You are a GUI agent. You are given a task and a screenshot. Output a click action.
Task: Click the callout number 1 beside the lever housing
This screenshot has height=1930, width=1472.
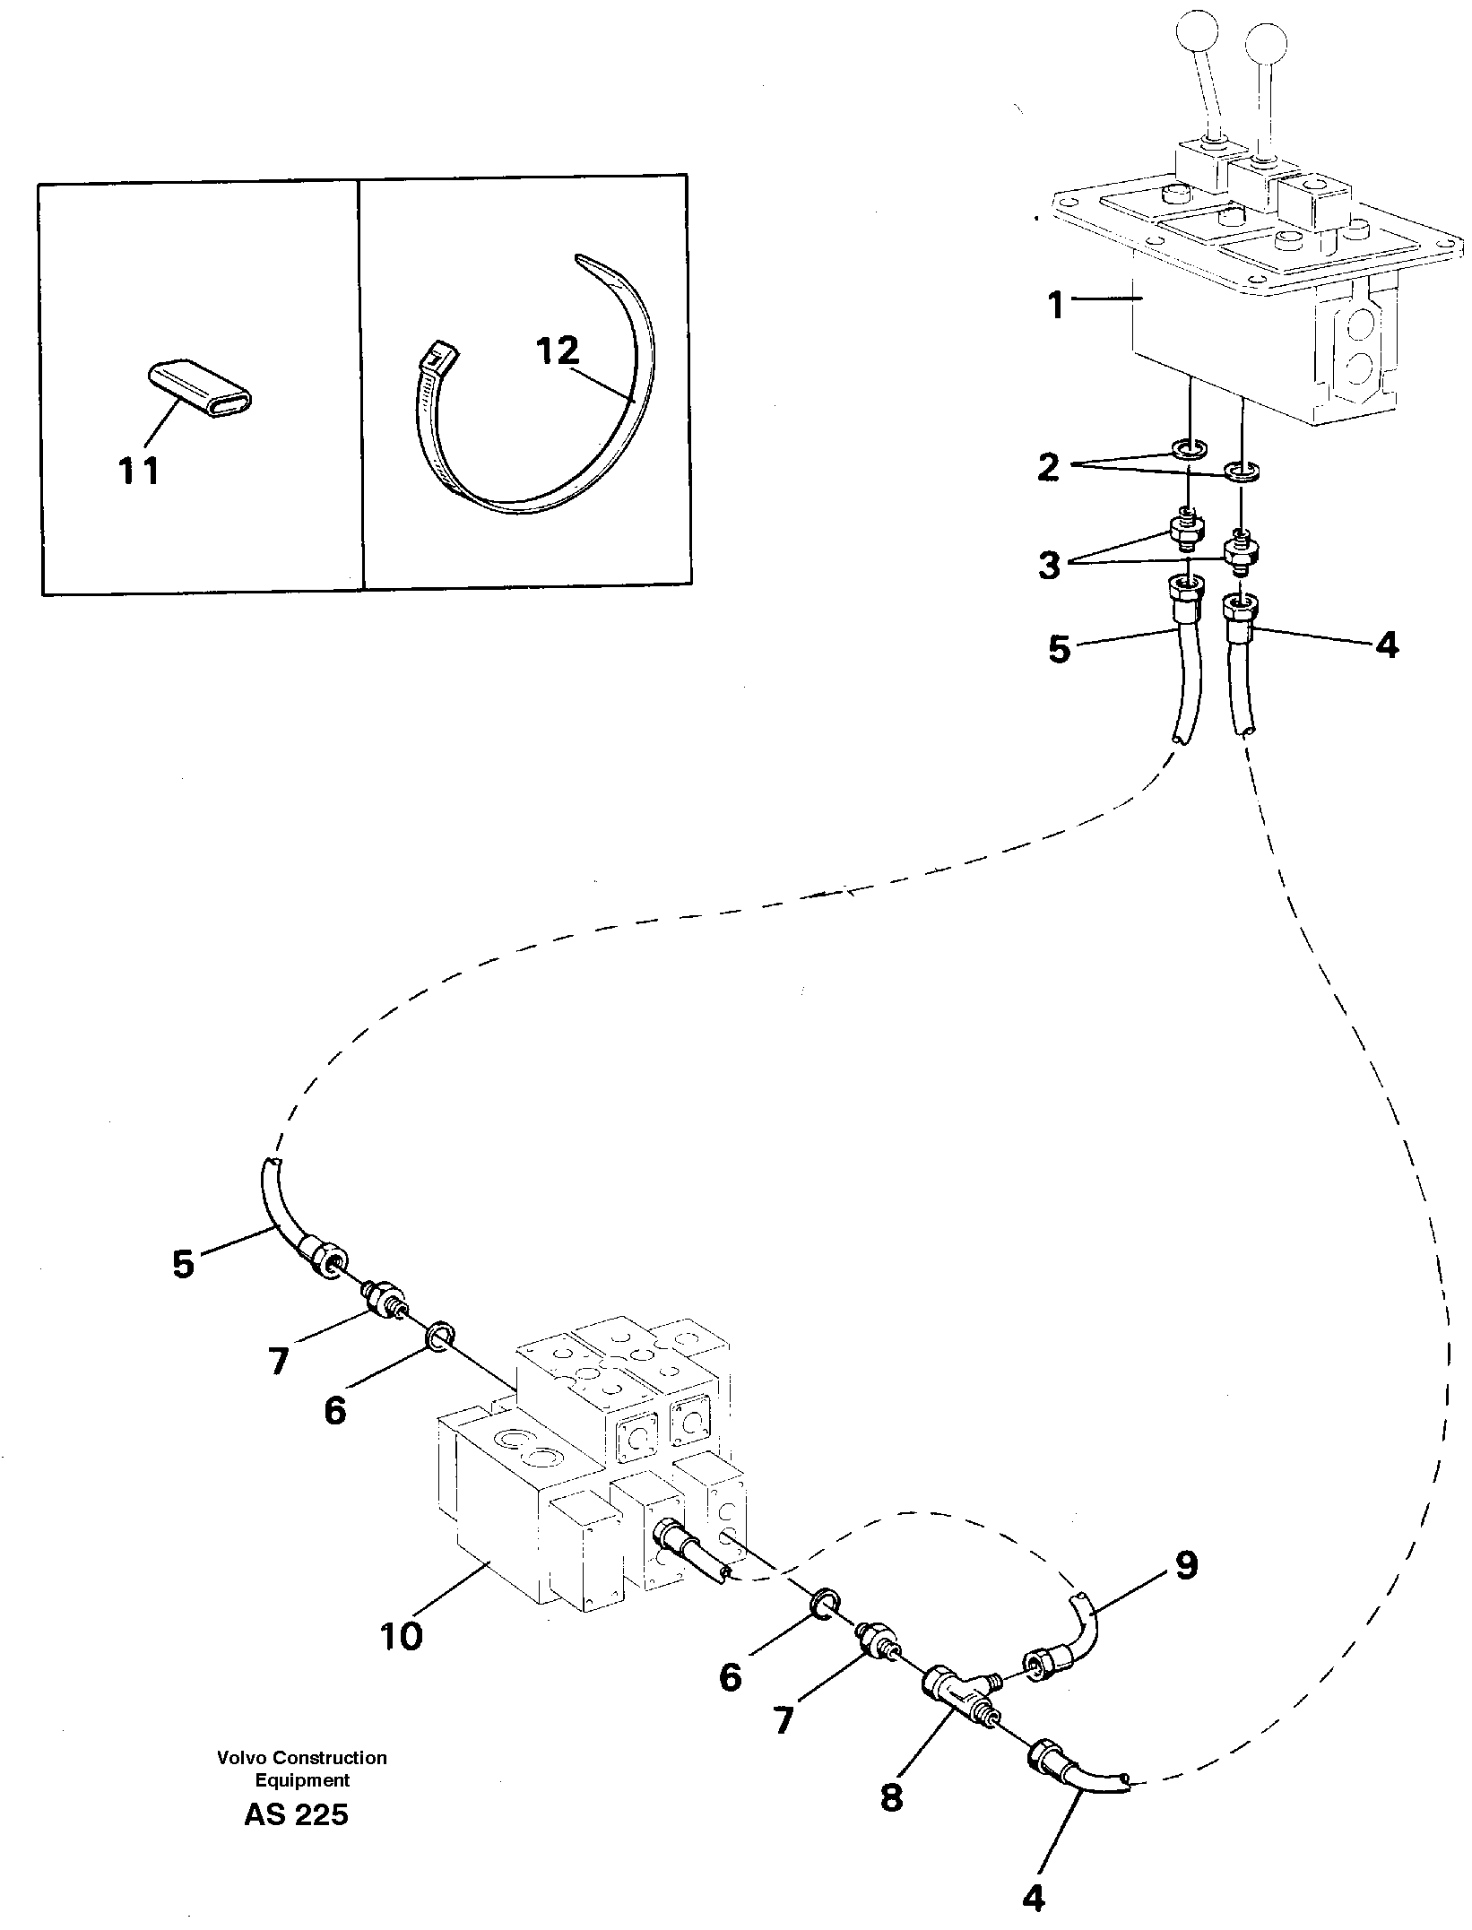pos(1057,306)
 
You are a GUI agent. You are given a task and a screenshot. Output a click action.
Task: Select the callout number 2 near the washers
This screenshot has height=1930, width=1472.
pos(1048,467)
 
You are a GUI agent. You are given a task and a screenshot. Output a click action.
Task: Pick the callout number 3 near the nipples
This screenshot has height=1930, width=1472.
pos(1049,566)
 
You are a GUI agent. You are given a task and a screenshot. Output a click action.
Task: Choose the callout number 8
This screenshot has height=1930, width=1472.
pos(891,1794)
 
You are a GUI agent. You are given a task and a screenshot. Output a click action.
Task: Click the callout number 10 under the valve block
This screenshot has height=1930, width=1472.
pos(402,1637)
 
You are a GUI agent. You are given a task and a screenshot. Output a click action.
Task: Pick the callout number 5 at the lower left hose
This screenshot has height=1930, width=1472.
pos(183,1264)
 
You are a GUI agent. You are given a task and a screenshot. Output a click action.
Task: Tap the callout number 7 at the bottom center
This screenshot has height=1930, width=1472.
pos(784,1719)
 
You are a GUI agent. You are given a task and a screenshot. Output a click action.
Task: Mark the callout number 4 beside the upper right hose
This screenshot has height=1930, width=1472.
pos(1386,645)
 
